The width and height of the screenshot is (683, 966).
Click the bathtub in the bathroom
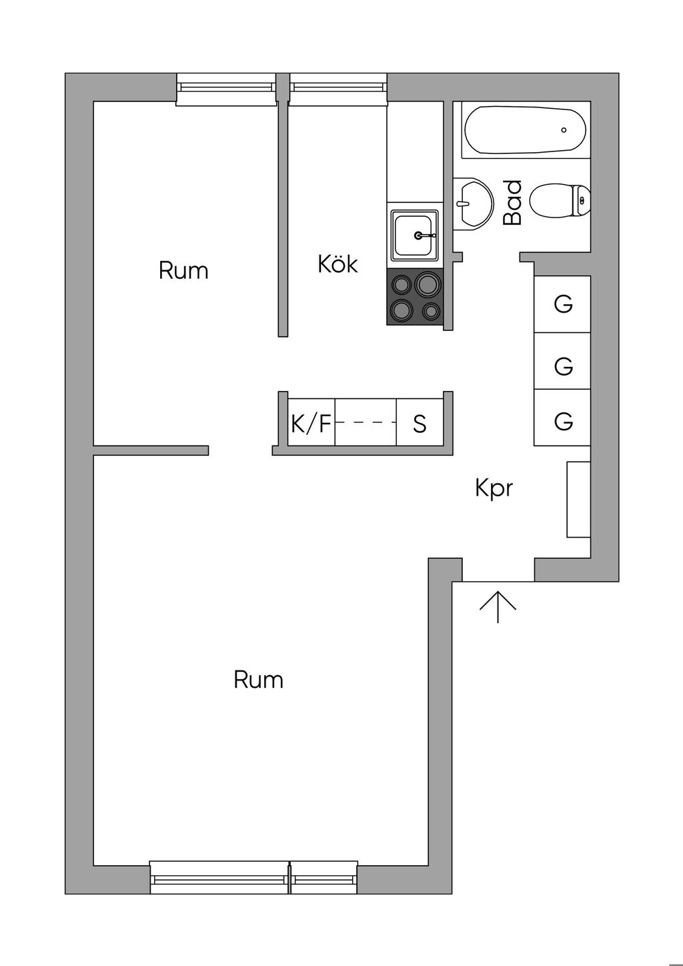pos(524,130)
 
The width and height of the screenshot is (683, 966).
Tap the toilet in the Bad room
pos(560,200)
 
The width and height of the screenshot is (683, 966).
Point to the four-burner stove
pos(414,297)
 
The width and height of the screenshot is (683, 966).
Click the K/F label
pos(311,423)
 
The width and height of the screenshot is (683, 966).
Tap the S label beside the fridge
pos(420,424)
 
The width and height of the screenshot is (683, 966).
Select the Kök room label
pos(337,264)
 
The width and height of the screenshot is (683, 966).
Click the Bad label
pos(512,203)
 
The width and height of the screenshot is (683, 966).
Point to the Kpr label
pos(494,488)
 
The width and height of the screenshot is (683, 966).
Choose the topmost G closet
pos(563,304)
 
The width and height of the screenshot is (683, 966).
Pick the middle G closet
pos(563,366)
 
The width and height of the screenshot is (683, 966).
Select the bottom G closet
pos(563,421)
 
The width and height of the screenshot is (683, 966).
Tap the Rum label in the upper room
pos(183,270)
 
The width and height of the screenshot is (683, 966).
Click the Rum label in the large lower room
pos(258,680)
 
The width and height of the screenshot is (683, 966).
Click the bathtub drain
pos(564,130)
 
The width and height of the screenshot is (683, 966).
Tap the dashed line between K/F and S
pos(366,422)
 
